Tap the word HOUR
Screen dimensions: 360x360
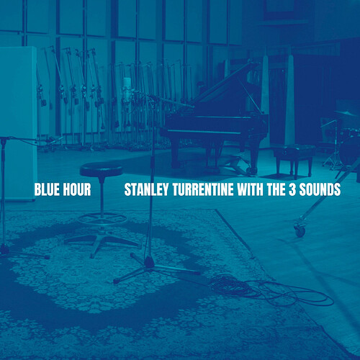tap(77, 189)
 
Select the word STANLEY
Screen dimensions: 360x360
tap(146, 189)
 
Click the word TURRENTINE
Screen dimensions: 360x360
tap(203, 189)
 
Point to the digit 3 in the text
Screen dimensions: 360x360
tap(292, 189)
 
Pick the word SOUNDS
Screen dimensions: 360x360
tap(320, 189)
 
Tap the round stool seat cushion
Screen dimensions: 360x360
tap(102, 169)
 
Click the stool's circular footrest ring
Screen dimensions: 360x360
tap(102, 218)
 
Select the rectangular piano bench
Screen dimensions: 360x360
tap(294, 150)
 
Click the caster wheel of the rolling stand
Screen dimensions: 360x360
tap(300, 231)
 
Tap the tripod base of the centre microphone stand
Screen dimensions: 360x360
tap(153, 268)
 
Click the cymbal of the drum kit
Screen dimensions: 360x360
tap(346, 113)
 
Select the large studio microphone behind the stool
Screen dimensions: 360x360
tap(127, 91)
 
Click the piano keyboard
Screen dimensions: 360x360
tap(204, 132)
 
